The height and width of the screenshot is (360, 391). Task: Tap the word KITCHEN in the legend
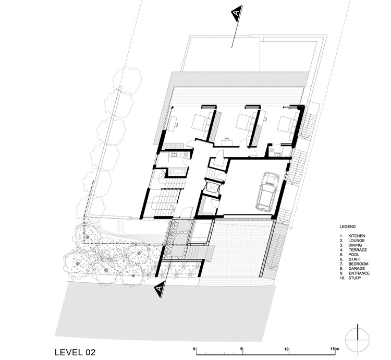357,236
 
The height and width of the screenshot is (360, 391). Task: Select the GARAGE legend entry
357,269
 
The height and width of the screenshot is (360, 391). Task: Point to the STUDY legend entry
355,278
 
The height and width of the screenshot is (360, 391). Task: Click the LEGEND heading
348,227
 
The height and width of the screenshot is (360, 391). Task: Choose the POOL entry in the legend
354,255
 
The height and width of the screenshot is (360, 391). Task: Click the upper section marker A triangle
237,14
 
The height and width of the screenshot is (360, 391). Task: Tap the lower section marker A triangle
160,289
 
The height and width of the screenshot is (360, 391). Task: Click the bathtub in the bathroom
177,171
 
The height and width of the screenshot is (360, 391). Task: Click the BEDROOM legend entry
358,264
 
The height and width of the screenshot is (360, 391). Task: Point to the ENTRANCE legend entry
359,273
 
